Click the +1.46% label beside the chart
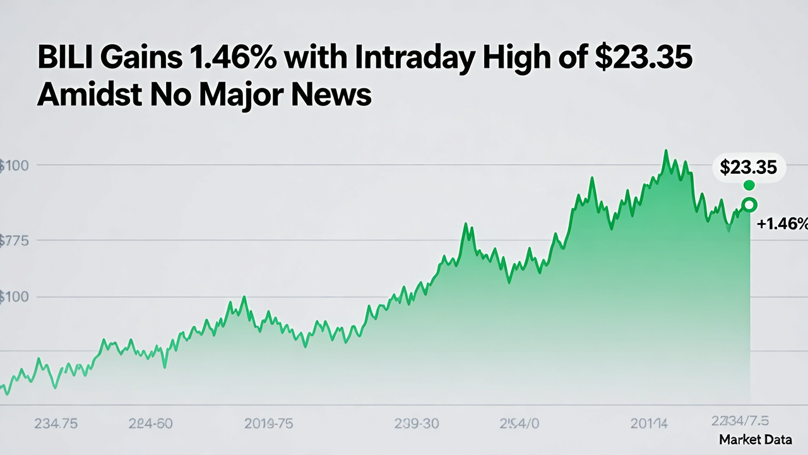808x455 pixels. [x=781, y=223]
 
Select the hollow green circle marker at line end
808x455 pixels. [x=749, y=205]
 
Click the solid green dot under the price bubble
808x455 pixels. [x=749, y=185]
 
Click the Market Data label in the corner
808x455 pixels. [x=755, y=440]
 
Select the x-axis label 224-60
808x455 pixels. [x=150, y=423]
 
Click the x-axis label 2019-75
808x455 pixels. [x=268, y=423]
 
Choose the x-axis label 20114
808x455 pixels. [x=650, y=423]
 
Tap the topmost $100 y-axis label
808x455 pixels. [x=13, y=166]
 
